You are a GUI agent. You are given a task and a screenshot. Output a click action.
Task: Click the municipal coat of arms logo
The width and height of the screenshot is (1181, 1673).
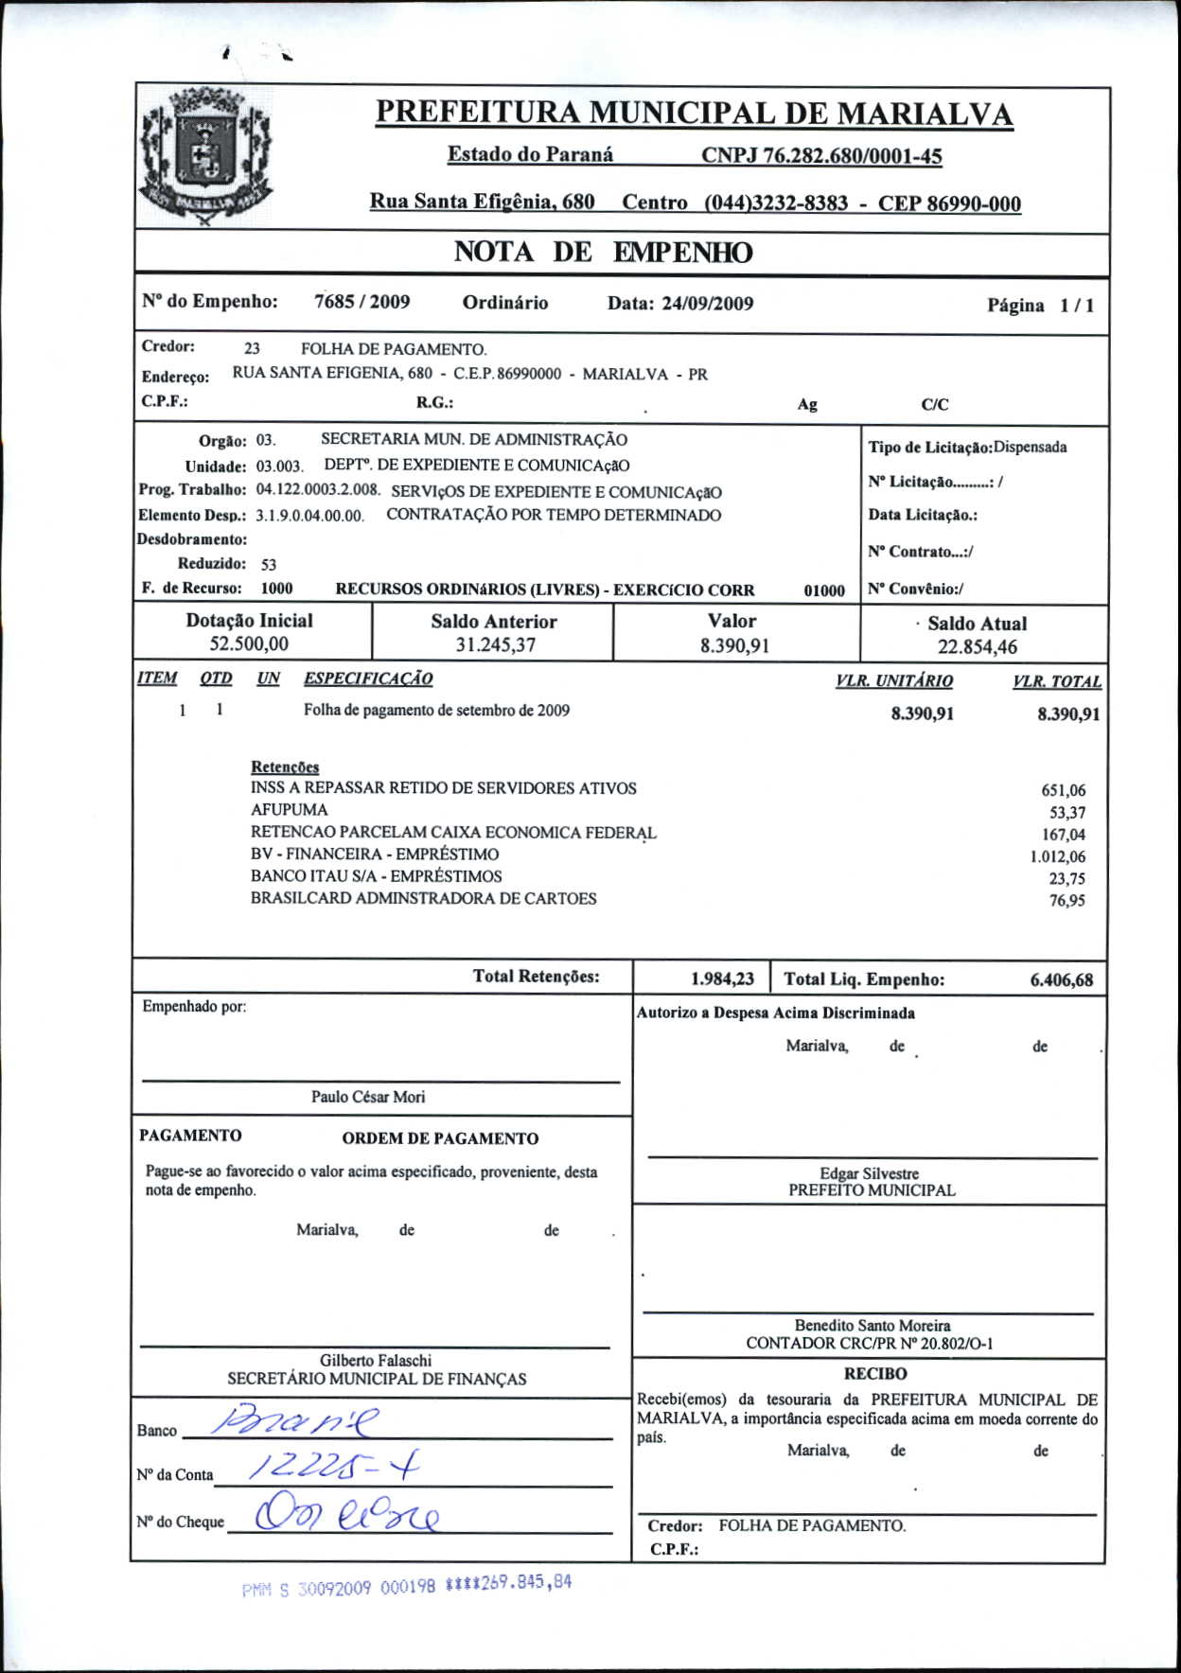(x=205, y=157)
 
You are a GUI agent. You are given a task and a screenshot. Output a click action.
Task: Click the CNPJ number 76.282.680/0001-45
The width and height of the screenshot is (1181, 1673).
(x=821, y=156)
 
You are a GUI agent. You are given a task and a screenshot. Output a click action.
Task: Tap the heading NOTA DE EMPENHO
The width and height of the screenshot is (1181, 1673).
(x=603, y=253)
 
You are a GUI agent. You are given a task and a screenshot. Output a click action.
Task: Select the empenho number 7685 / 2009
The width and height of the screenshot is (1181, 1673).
(x=361, y=302)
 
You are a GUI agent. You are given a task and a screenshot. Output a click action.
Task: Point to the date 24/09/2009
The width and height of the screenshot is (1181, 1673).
(x=707, y=304)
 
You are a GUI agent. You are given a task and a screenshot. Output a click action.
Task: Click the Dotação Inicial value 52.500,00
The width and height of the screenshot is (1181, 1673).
(x=249, y=644)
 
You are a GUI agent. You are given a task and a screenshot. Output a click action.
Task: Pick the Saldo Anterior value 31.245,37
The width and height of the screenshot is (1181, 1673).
(x=495, y=645)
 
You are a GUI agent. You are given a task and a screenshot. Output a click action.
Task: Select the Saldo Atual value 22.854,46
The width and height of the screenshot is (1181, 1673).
(x=977, y=647)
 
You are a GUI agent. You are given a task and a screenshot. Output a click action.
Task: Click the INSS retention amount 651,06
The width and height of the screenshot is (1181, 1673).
(x=1063, y=790)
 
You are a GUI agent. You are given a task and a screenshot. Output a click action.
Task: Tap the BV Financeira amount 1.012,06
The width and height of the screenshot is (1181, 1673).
(x=1057, y=856)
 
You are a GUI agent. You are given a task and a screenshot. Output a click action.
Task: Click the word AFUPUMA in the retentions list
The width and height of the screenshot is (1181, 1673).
(x=289, y=810)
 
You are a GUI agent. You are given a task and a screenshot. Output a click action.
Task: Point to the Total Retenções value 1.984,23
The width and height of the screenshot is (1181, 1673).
(x=722, y=978)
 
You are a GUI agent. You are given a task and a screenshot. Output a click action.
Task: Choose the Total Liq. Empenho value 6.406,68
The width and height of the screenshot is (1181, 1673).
(x=1061, y=980)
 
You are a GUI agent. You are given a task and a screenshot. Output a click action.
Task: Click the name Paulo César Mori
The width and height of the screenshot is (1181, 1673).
(x=368, y=1097)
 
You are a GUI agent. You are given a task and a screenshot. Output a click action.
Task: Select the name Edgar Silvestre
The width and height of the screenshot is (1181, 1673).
(x=869, y=1173)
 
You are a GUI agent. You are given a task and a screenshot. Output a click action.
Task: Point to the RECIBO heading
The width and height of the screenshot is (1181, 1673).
(x=874, y=1374)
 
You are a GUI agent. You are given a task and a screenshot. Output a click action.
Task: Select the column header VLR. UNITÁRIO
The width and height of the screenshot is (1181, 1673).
(x=893, y=680)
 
